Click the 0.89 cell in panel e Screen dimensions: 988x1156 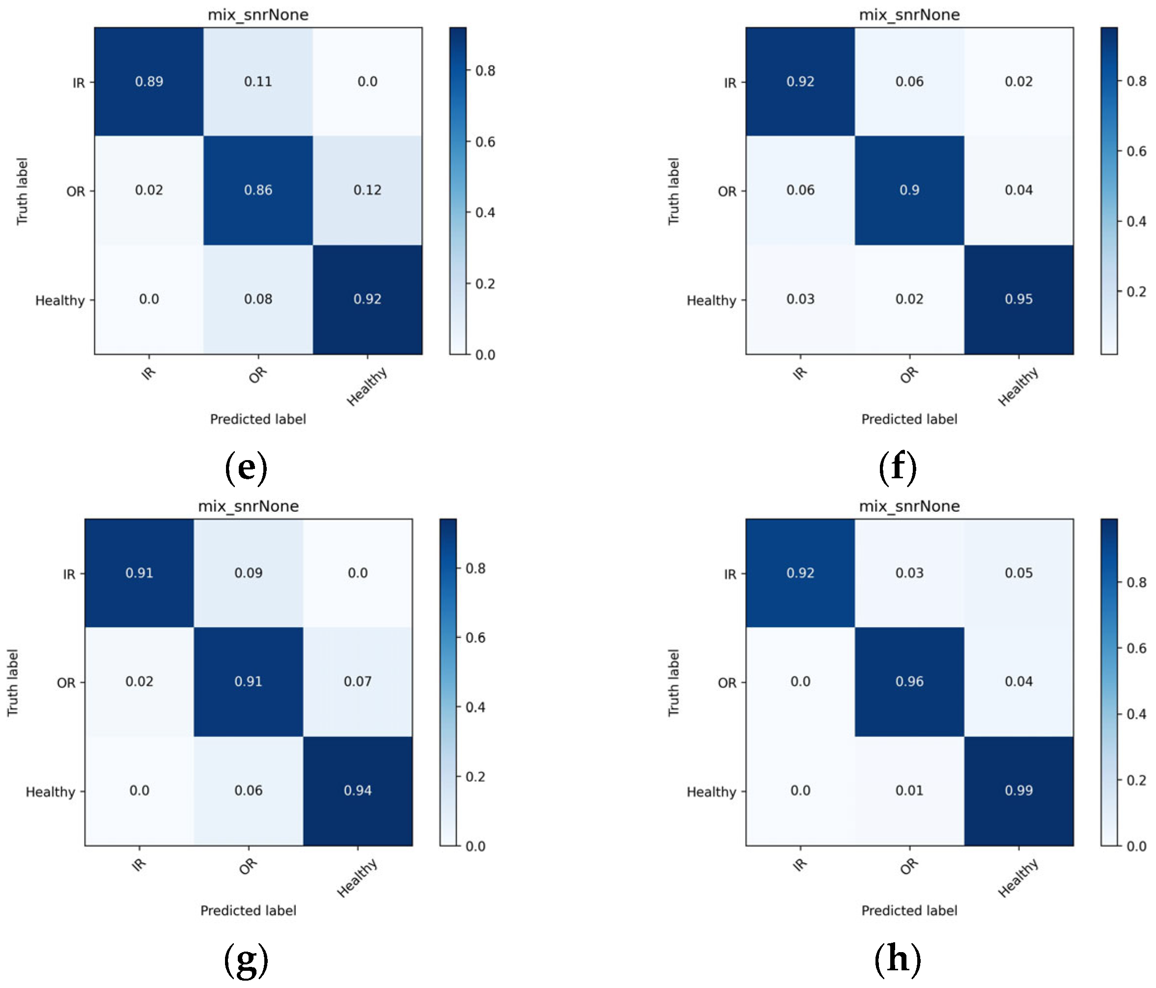tap(149, 82)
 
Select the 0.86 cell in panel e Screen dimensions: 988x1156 tap(258, 190)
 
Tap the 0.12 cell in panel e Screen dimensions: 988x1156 tap(367, 190)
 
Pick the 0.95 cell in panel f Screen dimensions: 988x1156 tap(1018, 299)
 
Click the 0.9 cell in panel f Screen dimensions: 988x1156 tap(909, 190)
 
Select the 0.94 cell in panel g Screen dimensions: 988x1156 tap(358, 790)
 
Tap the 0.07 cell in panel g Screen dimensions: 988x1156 tap(358, 682)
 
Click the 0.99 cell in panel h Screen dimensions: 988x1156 tap(1018, 790)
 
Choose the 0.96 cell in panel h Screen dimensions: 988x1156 tap(909, 682)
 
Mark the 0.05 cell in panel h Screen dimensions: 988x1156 tap(1018, 573)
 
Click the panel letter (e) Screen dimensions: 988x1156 tap(246, 468)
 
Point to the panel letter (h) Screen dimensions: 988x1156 tap(897, 959)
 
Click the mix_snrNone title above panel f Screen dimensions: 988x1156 tap(909, 15)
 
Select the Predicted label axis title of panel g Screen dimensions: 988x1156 tap(248, 910)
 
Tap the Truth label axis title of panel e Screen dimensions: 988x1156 tap(22, 192)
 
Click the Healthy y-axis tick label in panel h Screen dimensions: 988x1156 tap(711, 792)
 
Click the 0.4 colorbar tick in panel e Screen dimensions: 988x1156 tap(485, 213)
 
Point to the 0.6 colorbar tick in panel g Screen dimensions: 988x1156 tap(476, 638)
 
